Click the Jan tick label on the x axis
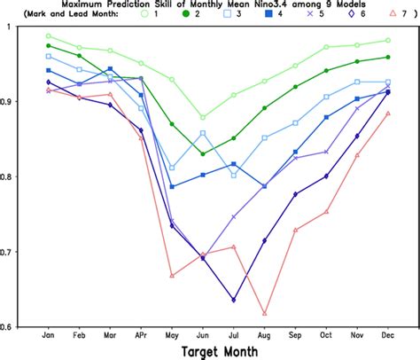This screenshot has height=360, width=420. pos(48,336)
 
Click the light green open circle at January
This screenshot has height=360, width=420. pos(48,36)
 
